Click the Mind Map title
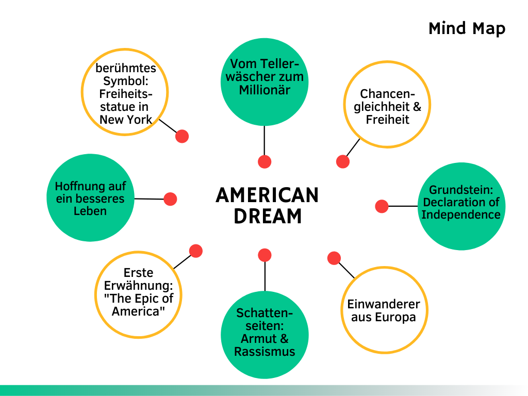pyautogui.click(x=467, y=28)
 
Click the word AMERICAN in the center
pyautogui.click(x=267, y=195)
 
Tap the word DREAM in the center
pyautogui.click(x=267, y=216)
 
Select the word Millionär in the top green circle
pyautogui.click(x=265, y=90)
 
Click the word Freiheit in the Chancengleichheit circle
pyautogui.click(x=387, y=120)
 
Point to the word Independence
pyautogui.click(x=461, y=214)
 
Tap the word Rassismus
pyautogui.click(x=265, y=352)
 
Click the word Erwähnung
pyautogui.click(x=138, y=285)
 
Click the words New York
pyautogui.click(x=126, y=120)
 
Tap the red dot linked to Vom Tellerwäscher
pyautogui.click(x=265, y=161)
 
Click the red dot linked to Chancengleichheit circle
pyautogui.click(x=343, y=161)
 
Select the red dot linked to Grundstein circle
pyautogui.click(x=382, y=206)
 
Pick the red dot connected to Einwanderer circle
pyautogui.click(x=334, y=258)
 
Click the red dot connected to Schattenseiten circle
pyautogui.click(x=265, y=255)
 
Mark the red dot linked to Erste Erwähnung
pyautogui.click(x=195, y=251)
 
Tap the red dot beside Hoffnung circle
pyautogui.click(x=170, y=199)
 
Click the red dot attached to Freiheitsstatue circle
pyautogui.click(x=181, y=136)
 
